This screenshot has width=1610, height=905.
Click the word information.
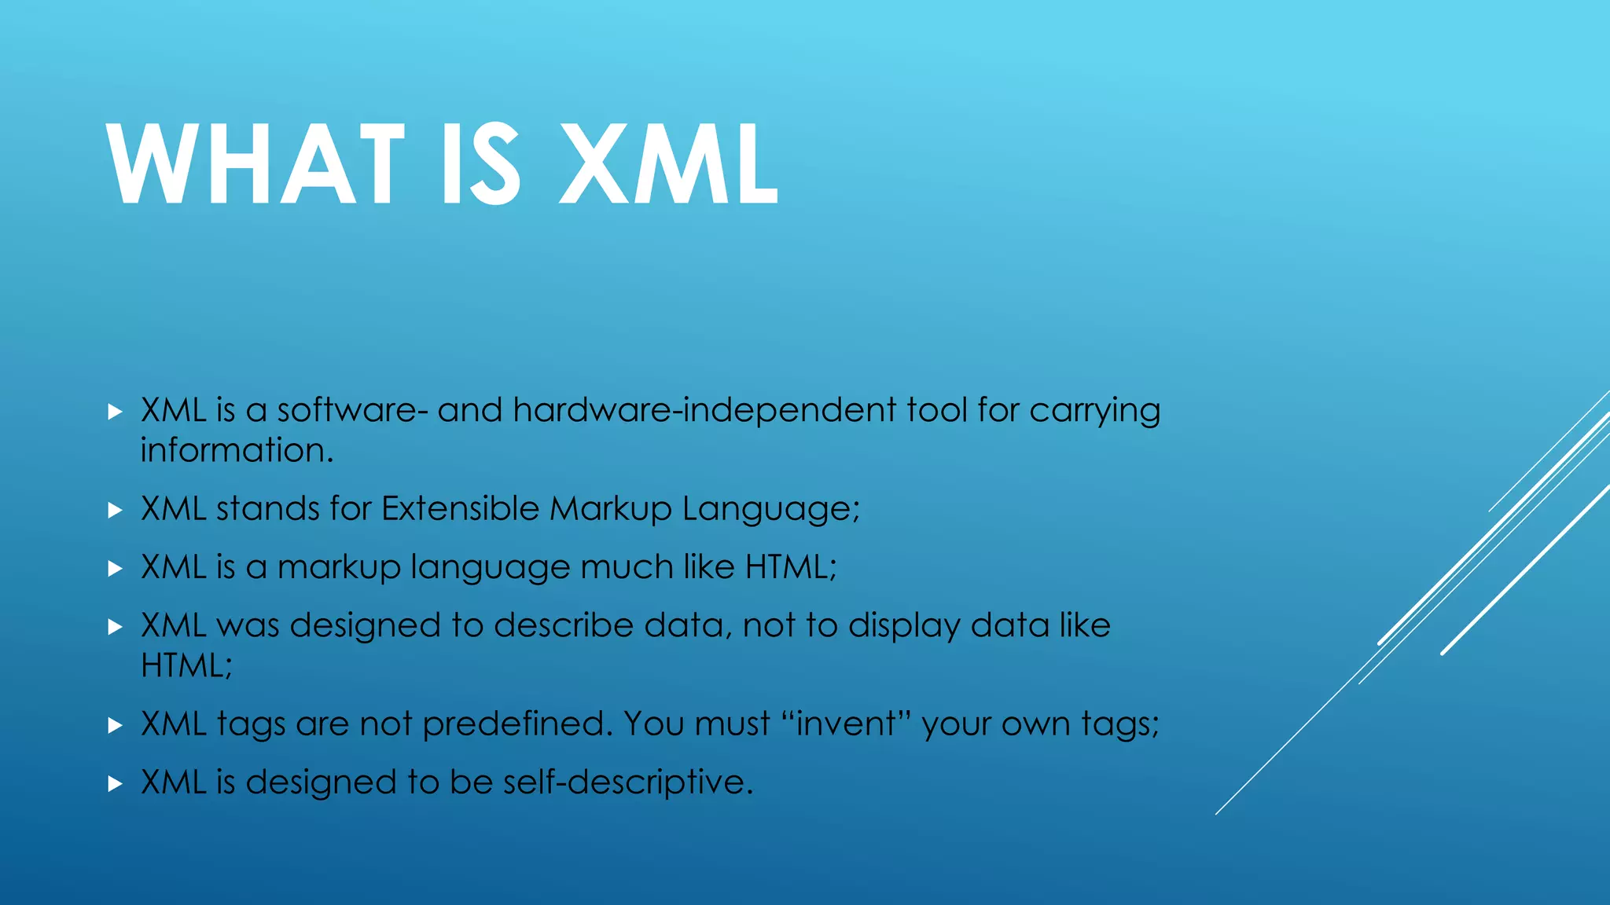pyautogui.click(x=237, y=451)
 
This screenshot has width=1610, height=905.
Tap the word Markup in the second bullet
pyautogui.click(x=610, y=510)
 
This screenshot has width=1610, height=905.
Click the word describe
pyautogui.click(x=563, y=625)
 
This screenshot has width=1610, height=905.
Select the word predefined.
pyautogui.click(x=517, y=724)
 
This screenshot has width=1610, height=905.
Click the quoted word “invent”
pyautogui.click(x=846, y=724)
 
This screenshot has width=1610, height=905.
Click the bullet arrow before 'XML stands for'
pyautogui.click(x=115, y=511)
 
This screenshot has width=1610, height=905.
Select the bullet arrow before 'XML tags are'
pyautogui.click(x=115, y=725)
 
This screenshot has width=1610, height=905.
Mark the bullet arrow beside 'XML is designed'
pyautogui.click(x=115, y=783)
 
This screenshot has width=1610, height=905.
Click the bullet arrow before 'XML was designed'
pyautogui.click(x=115, y=627)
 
